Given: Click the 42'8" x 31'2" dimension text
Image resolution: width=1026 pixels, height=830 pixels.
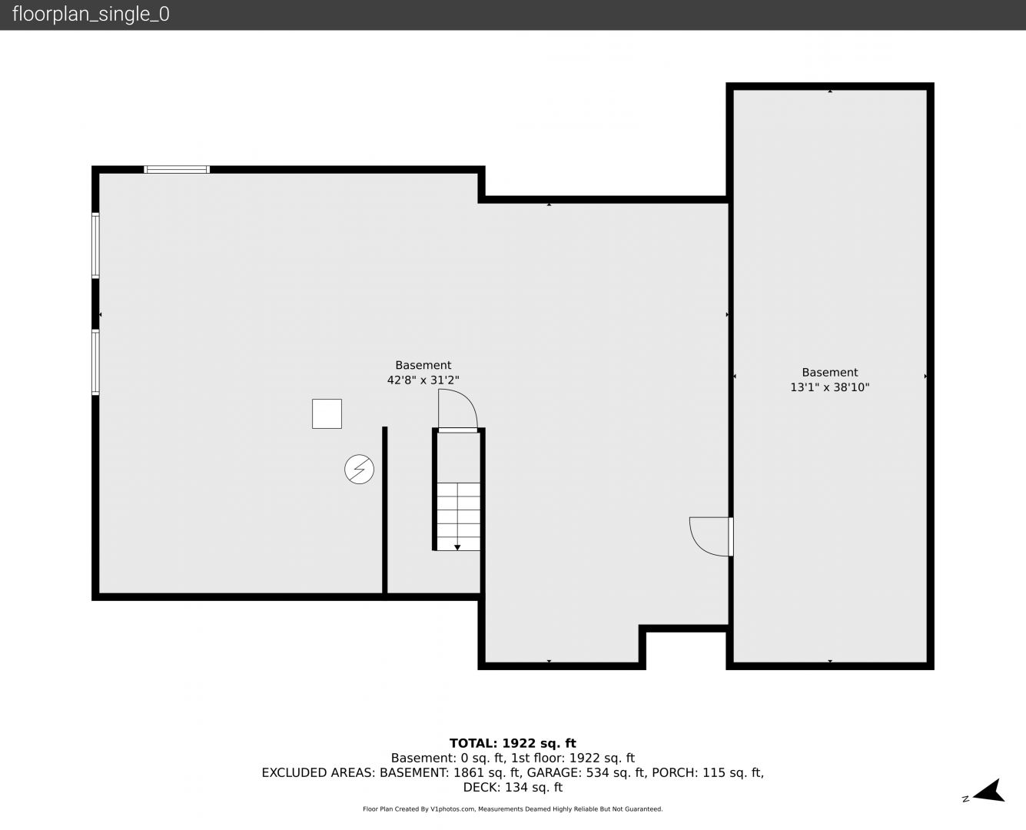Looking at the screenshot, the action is [x=423, y=380].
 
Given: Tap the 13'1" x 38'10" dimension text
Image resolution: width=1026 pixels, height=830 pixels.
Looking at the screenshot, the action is [x=829, y=387].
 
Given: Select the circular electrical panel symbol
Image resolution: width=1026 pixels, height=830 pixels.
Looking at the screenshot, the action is [x=359, y=470].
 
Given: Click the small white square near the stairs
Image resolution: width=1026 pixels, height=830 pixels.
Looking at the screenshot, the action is [x=327, y=413].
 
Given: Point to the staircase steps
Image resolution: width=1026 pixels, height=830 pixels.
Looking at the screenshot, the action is [x=458, y=516].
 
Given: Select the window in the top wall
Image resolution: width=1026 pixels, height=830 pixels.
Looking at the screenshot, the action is [x=176, y=170].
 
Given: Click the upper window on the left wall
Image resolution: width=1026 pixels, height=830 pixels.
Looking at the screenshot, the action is [x=95, y=245].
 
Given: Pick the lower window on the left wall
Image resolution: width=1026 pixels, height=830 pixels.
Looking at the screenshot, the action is [x=95, y=362].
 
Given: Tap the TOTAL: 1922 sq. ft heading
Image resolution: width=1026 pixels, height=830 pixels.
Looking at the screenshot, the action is [x=513, y=743].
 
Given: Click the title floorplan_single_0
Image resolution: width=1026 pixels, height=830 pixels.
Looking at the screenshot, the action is [x=91, y=14].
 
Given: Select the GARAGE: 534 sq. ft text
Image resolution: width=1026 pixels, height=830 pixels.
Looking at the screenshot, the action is [x=586, y=772].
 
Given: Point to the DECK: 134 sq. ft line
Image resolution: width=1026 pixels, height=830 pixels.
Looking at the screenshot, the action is [x=513, y=787].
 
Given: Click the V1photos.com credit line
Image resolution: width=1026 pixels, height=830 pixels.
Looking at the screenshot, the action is [x=513, y=808].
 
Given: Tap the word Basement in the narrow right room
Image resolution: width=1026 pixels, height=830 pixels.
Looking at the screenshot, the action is [x=829, y=373].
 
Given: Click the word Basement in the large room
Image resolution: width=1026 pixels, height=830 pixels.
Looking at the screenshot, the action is [x=423, y=365].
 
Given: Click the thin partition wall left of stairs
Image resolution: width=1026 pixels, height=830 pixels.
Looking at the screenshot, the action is [x=385, y=510].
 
